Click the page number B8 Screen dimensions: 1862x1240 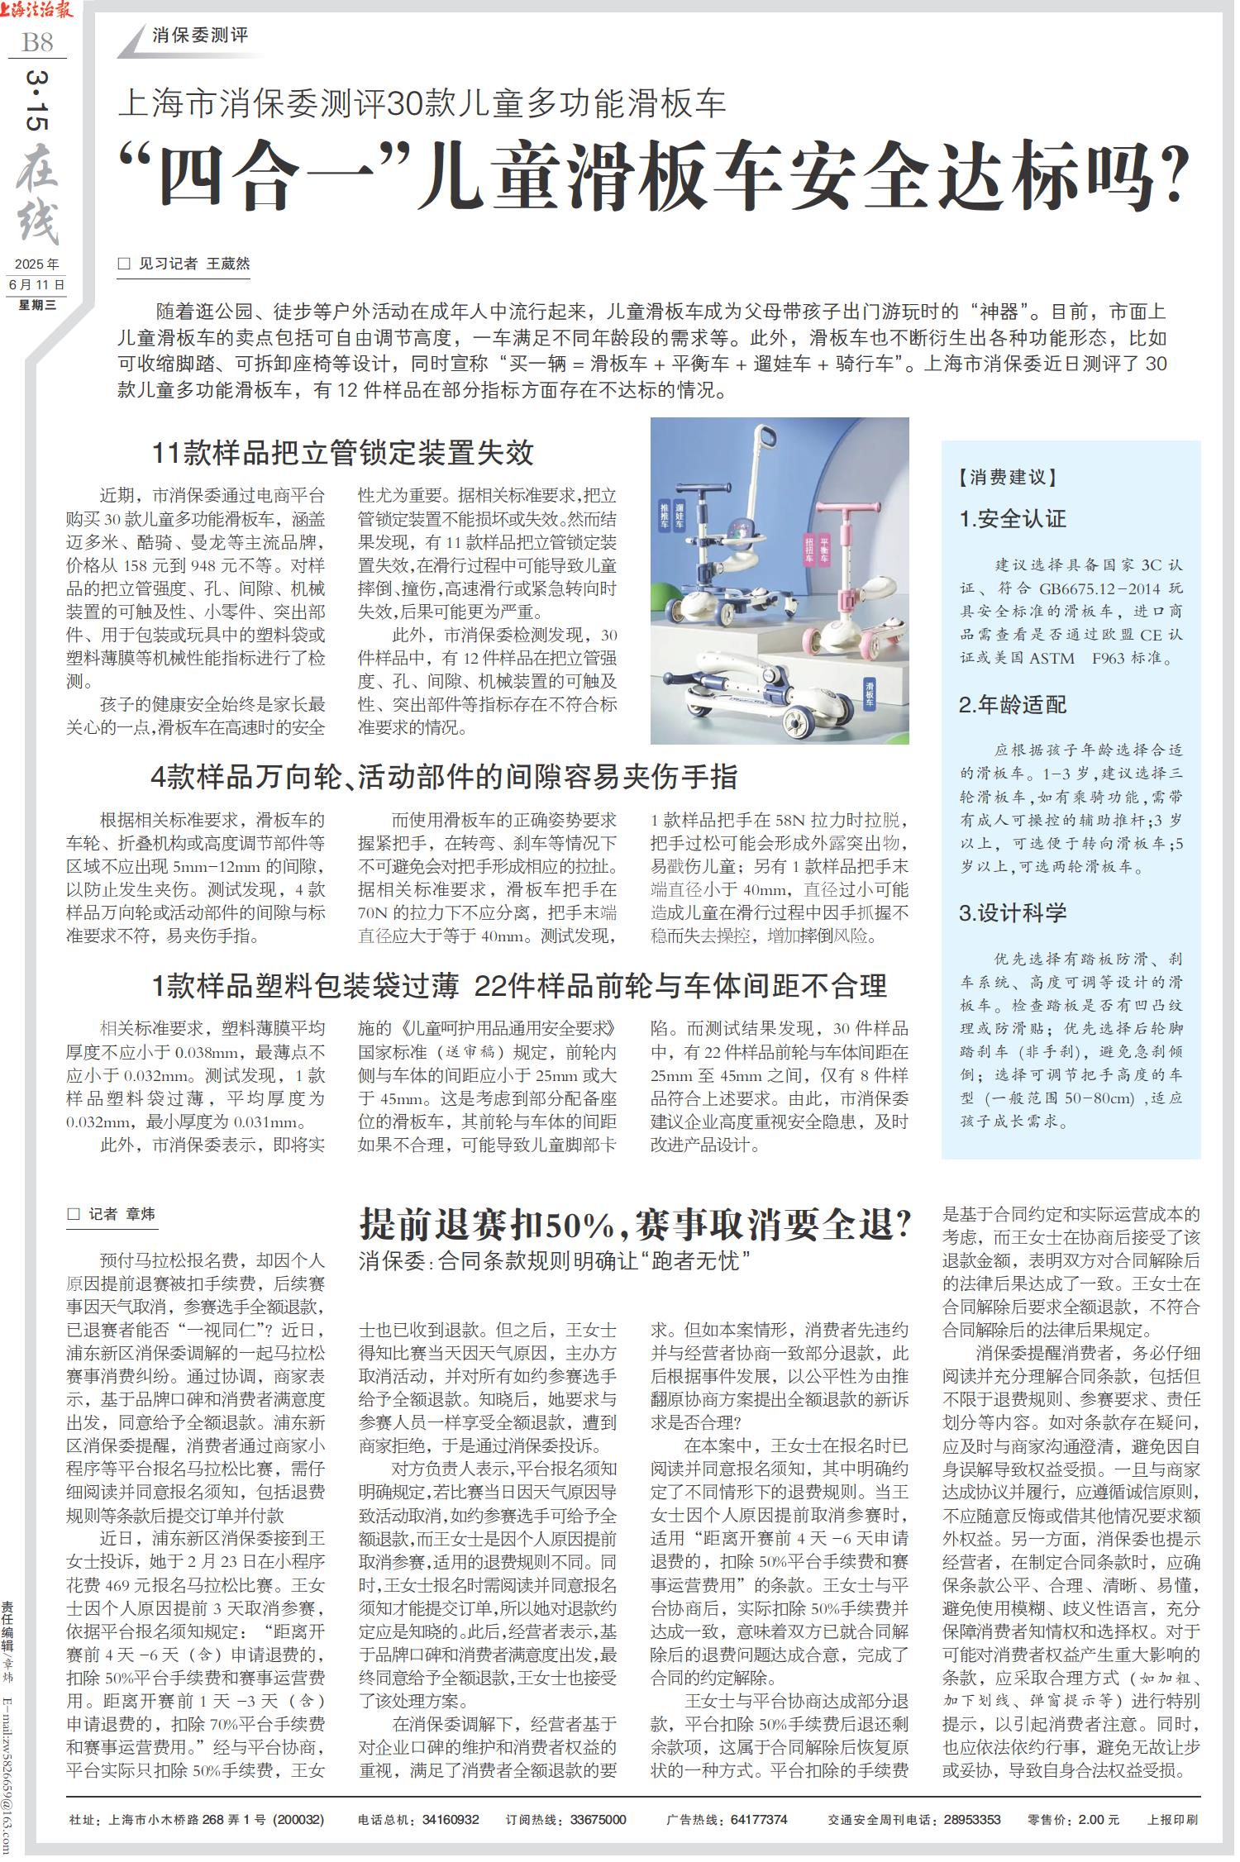[37, 41]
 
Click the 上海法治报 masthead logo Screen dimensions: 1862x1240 [38, 11]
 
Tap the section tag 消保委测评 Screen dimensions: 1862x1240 [200, 36]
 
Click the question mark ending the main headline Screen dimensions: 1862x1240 [1175, 179]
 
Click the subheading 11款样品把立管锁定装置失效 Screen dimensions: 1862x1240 [342, 453]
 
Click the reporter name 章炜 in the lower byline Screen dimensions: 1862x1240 [141, 1214]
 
